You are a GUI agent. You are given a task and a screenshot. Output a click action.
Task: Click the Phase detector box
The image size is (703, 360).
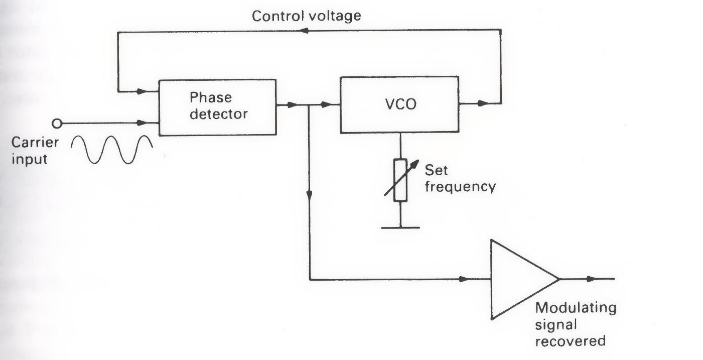217,107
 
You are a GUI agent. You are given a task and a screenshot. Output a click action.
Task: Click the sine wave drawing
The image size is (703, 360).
111,150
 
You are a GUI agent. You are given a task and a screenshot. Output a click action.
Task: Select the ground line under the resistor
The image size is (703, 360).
400,227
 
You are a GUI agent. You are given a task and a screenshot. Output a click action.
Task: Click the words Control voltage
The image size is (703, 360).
306,16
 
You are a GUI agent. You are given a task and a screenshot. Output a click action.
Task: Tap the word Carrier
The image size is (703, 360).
36,142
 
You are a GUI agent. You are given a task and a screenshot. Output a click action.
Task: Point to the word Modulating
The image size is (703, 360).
576,307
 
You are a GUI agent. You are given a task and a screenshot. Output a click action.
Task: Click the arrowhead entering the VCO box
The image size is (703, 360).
327,105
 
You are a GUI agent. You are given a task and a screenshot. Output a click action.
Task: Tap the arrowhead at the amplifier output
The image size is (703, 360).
593,279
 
